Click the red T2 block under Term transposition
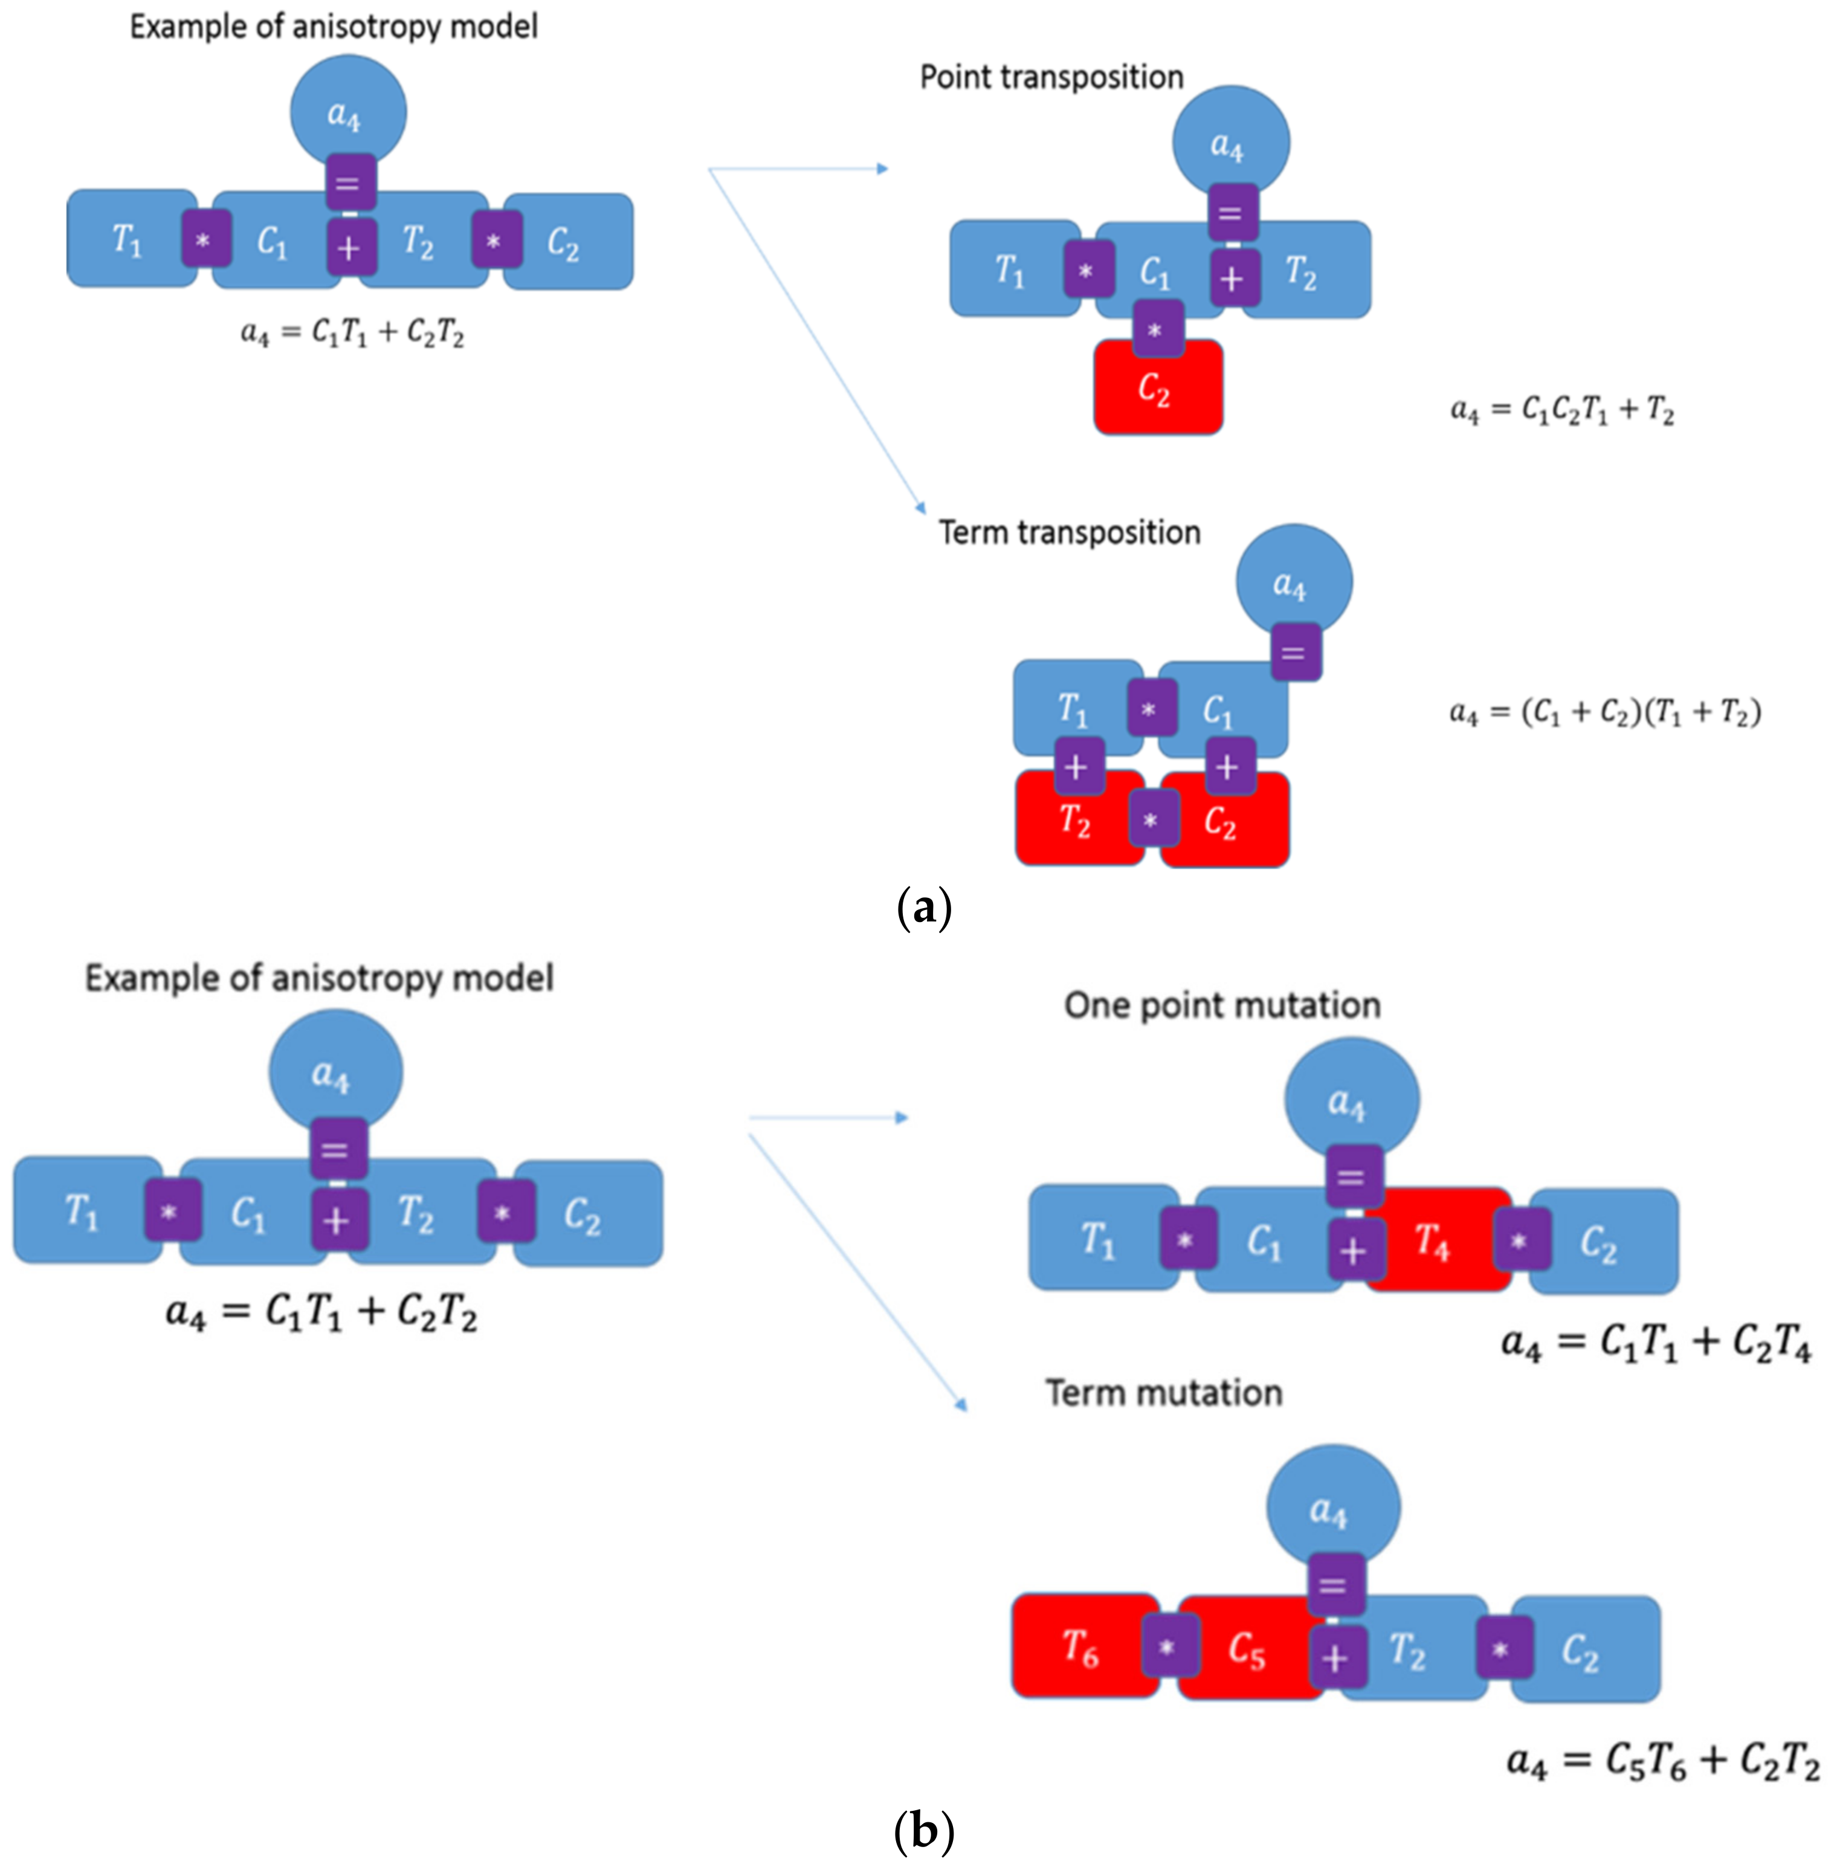click(x=1076, y=821)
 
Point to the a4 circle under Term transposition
click(x=1294, y=582)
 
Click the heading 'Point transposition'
click(x=1051, y=77)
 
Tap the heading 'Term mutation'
click(x=1164, y=1393)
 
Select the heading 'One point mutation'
click(x=1221, y=1005)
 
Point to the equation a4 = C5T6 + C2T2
click(x=1662, y=1761)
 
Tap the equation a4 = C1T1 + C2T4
click(x=1656, y=1342)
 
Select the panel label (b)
click(x=923, y=1830)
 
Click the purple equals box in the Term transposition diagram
click(x=1294, y=652)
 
